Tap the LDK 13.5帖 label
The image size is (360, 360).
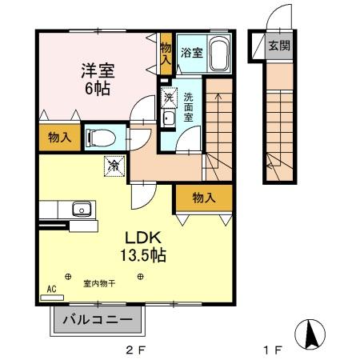142,247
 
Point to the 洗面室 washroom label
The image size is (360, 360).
189,106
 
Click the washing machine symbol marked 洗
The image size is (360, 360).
169,98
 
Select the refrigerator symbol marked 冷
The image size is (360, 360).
115,166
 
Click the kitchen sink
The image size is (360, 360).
81,210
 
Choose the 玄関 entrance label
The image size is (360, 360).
278,46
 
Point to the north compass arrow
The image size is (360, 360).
312,333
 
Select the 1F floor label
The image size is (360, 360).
274,350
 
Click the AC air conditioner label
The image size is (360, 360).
51,289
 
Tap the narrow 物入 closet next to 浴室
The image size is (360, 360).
166,54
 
